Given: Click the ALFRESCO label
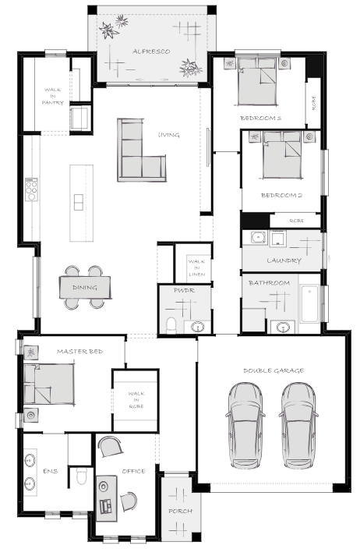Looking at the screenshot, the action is click(x=151, y=51).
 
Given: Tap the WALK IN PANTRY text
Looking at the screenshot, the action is click(x=52, y=96).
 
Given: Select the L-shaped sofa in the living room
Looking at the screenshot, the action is click(x=141, y=151).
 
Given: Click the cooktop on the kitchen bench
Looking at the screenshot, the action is click(x=31, y=189).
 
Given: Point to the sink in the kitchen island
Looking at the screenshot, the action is click(x=79, y=202).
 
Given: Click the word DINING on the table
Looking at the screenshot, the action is click(x=85, y=288).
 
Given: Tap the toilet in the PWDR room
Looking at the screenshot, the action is click(x=171, y=326).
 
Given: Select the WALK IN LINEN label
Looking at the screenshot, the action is click(x=196, y=267).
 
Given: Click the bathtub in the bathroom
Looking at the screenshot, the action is click(x=309, y=304).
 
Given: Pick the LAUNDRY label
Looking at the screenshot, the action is click(x=284, y=260).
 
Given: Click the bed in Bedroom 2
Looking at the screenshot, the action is click(x=282, y=155).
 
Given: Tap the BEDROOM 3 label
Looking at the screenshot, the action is click(x=260, y=118).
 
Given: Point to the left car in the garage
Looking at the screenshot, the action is click(x=245, y=426).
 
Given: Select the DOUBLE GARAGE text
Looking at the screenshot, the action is click(x=274, y=370).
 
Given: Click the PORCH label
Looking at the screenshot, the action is click(x=181, y=512).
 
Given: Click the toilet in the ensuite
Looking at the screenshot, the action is click(x=81, y=476).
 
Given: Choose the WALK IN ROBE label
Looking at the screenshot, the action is click(x=136, y=400).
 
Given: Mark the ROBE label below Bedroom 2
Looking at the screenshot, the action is click(x=297, y=221).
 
